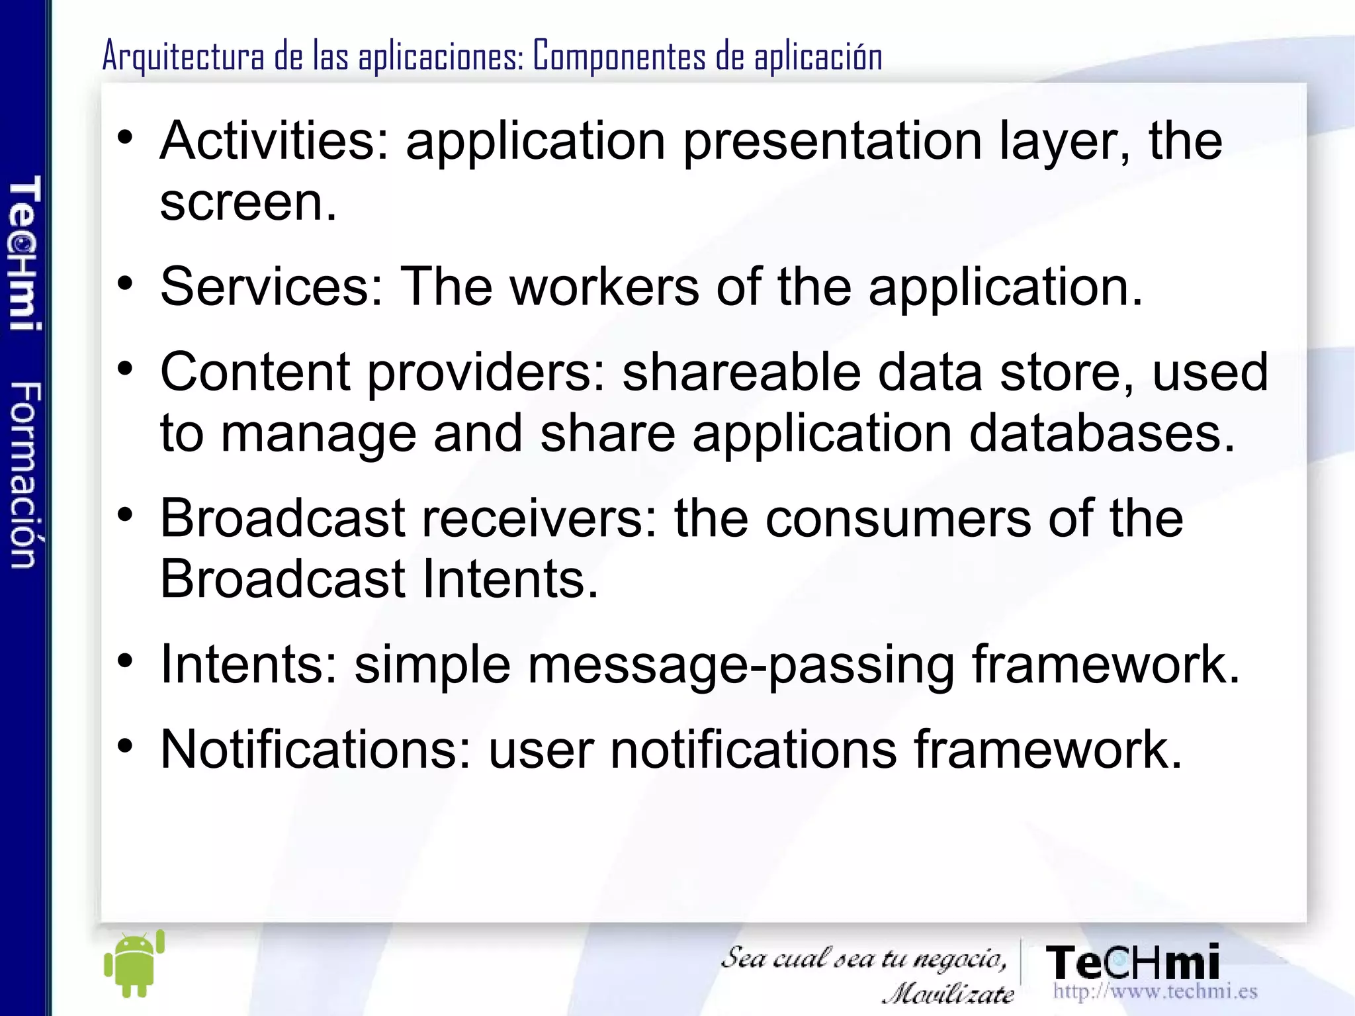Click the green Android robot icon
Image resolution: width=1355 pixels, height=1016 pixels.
[x=134, y=965]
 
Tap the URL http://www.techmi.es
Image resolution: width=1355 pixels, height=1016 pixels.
[x=1155, y=991]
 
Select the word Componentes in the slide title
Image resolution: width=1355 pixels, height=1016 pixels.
[x=619, y=56]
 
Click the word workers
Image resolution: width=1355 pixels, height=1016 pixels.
[x=604, y=287]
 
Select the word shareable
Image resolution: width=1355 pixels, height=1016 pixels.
[x=742, y=373]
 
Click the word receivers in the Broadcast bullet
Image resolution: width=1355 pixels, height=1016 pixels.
[x=540, y=518]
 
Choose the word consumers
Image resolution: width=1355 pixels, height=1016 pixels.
[x=898, y=518]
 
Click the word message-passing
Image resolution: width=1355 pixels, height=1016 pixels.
[x=741, y=665]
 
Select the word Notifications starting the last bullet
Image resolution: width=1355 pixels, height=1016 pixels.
[x=315, y=749]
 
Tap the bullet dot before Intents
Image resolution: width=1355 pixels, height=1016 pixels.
[x=125, y=661]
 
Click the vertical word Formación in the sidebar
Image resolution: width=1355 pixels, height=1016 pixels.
[x=25, y=475]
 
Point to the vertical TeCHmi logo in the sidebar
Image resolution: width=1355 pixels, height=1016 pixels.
[x=25, y=253]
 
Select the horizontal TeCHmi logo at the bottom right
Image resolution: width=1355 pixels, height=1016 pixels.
[x=1132, y=962]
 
